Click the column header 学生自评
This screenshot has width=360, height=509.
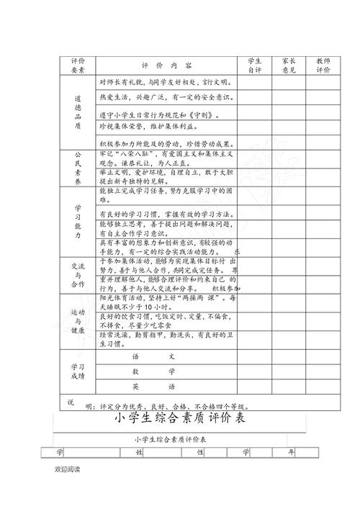click(256, 66)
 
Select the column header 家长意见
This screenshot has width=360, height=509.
click(289, 66)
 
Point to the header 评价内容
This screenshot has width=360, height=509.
click(167, 66)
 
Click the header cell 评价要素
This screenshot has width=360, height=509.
click(77, 66)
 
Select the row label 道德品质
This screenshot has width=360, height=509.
click(78, 111)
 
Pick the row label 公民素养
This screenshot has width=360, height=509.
click(78, 168)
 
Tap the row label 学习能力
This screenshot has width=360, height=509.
click(78, 222)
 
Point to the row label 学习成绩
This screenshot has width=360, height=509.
click(78, 371)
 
